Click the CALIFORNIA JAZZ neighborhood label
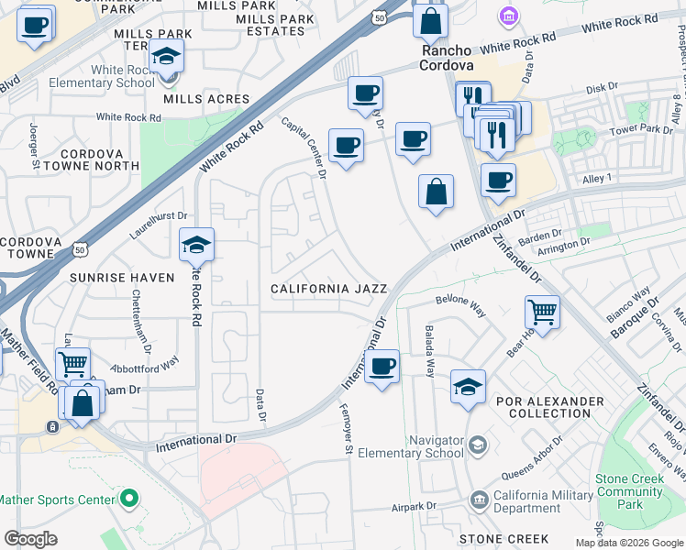coord(329,289)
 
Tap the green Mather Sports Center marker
coord(129,500)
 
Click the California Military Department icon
coord(479,500)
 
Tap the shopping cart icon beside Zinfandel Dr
coord(542,312)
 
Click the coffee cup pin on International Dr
coord(382,367)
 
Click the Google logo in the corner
coord(30,539)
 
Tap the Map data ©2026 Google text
coord(628,543)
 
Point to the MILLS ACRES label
coord(206,99)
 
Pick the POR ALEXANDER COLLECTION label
coord(549,408)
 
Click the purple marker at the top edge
coord(507,16)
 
